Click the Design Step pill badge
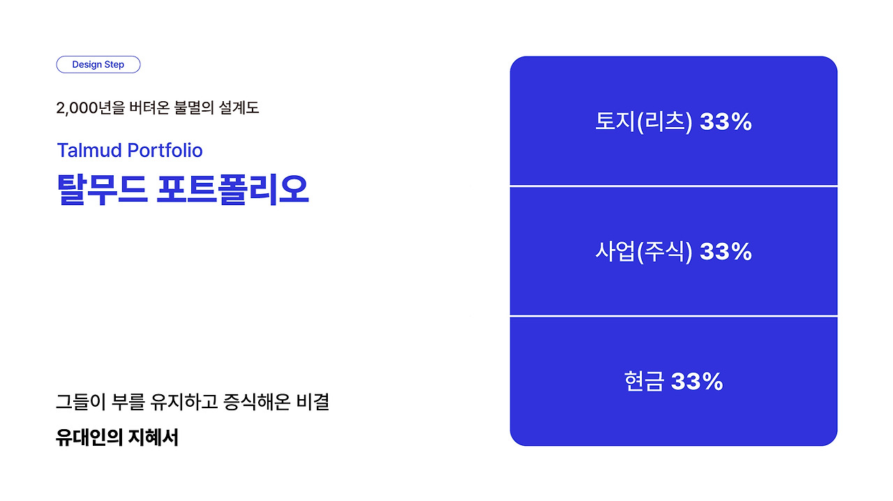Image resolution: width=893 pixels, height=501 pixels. pos(98,65)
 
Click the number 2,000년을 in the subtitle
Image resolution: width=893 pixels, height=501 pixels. pos(91,107)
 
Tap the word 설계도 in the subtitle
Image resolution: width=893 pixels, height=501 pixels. pos(239,107)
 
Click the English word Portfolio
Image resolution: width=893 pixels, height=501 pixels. pos(165,151)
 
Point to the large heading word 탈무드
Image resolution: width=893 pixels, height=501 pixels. pos(103,190)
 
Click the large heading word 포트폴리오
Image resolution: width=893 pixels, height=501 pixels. pos(233,190)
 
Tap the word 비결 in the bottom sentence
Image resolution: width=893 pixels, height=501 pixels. pos(313,402)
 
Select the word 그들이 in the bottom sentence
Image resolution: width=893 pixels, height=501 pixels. pos(80,402)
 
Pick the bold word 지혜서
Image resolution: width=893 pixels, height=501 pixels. pos(153,438)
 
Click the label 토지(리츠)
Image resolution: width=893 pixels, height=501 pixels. pos(643,121)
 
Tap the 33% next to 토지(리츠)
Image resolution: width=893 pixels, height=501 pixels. pos(726,121)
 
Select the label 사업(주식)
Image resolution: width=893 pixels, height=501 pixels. pos(643,252)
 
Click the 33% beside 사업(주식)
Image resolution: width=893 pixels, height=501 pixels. pos(726,252)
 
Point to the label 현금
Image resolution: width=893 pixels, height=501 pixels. pos(644,381)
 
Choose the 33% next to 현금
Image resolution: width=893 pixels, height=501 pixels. pos(697,381)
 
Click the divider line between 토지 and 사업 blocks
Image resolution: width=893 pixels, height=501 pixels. pos(674,186)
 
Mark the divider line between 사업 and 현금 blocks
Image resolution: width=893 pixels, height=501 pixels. pos(674,316)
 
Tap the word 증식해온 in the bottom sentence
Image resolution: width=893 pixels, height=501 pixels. pos(257,402)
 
